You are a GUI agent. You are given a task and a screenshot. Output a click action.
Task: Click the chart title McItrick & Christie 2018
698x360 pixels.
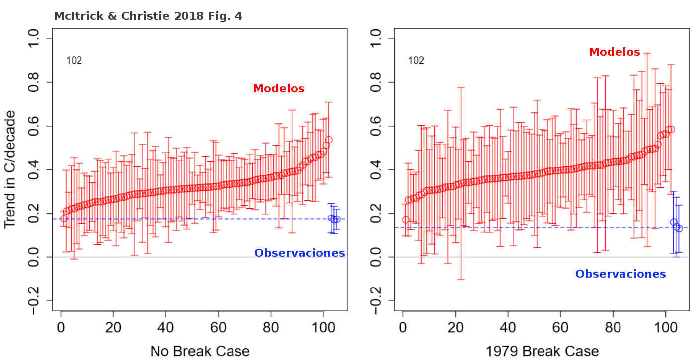tap(148, 16)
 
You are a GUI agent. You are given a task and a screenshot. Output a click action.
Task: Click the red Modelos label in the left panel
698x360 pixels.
tap(278, 89)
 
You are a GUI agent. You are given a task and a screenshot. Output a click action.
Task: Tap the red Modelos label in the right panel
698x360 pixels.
tap(614, 52)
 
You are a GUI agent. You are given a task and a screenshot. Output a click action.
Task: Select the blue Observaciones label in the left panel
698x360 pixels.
tap(299, 253)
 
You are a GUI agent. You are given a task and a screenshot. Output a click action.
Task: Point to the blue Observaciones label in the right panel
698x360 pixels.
tap(620, 274)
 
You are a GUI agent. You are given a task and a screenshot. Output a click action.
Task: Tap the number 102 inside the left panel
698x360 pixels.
tap(74, 61)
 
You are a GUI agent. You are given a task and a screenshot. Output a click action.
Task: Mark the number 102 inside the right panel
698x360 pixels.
tap(416, 61)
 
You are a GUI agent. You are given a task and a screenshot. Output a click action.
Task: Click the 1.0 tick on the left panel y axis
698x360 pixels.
tap(38, 39)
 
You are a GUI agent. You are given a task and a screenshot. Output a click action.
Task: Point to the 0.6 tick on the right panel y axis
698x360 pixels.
tap(380, 126)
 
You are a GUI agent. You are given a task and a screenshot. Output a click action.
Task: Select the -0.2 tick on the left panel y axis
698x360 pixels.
tap(38, 300)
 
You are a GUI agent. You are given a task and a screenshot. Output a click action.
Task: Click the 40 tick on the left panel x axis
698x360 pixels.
tap(166, 329)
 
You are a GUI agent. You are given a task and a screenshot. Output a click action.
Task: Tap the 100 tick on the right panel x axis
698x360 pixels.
tap(665, 329)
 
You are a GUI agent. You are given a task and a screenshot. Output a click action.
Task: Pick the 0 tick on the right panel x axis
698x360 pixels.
tap(403, 329)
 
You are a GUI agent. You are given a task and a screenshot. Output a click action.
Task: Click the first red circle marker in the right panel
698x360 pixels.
tap(406, 220)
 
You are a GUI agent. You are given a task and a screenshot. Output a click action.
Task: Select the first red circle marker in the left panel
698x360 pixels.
tap(64, 218)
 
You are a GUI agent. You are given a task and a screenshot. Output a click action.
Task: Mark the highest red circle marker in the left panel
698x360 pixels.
tap(329, 140)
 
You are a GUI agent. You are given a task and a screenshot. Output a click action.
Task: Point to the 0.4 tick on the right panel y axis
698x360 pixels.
tap(380, 170)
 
